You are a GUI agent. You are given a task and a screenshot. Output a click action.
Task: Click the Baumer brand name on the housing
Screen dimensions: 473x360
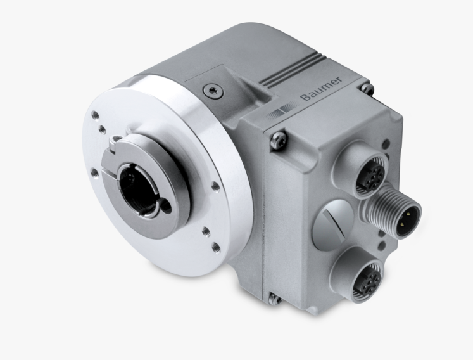pyautogui.click(x=322, y=89)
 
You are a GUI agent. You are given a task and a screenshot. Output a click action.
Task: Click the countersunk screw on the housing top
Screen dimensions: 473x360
pyautogui.click(x=212, y=90)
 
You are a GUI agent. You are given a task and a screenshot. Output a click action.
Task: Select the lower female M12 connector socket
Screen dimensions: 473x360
pyautogui.click(x=367, y=278)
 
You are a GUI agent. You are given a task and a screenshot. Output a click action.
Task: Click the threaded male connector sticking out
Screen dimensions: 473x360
pyautogui.click(x=393, y=211)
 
